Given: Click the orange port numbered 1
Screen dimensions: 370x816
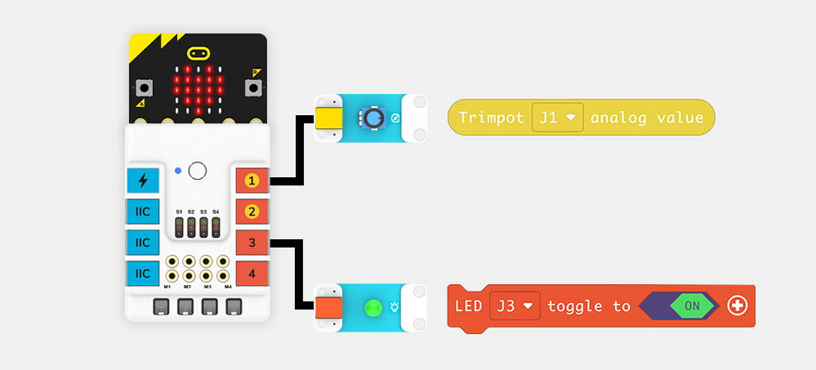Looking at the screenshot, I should tap(252, 181).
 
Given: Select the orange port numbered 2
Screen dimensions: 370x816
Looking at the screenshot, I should tap(252, 212).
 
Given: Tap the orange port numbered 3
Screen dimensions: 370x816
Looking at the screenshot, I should tap(252, 243).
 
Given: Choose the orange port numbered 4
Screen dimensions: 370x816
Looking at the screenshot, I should tap(252, 274).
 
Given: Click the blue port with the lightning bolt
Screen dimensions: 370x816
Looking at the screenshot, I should tap(143, 181).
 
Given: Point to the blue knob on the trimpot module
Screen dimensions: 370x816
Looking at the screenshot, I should tap(371, 119).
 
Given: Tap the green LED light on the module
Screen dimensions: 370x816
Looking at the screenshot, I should tap(372, 307).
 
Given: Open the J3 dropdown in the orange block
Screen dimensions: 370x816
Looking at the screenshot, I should tap(515, 306).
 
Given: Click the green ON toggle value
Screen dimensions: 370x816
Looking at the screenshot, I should tap(692, 306).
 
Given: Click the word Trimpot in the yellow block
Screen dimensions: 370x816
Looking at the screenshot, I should tap(491, 118).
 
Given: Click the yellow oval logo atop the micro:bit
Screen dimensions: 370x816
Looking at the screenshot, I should tap(198, 53).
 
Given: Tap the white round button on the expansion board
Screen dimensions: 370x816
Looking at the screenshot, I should tap(197, 171).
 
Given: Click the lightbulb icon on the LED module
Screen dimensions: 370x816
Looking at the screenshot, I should tap(396, 307).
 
